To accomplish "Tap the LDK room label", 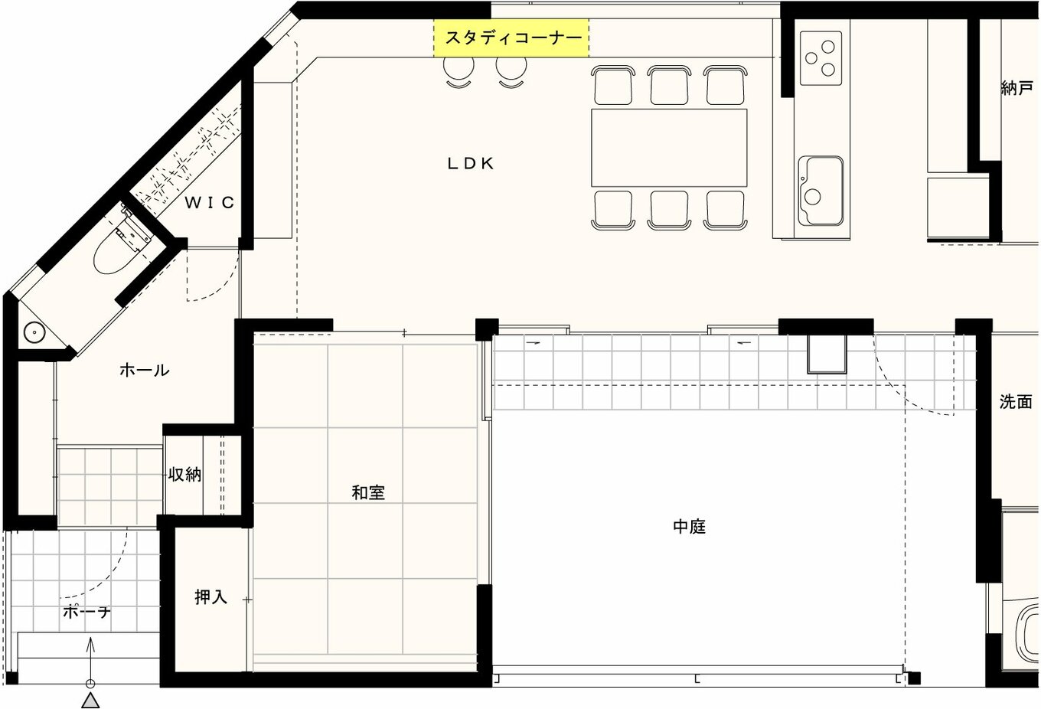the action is tap(470, 164).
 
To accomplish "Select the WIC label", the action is tap(210, 203).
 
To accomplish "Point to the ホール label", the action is tap(144, 371).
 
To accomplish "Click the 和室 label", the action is tap(368, 493).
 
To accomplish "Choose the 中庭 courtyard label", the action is tap(689, 527).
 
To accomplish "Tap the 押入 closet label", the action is tap(210, 597).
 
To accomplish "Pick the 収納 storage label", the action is tap(185, 474).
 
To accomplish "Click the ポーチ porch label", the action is tap(87, 612).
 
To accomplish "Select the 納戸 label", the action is tap(1017, 87).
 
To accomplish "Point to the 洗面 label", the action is tap(1016, 402).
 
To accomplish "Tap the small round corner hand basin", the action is tap(34, 332).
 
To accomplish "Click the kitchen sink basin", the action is tap(821, 191).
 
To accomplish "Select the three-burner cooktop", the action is tap(821, 58).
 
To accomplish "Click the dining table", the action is tap(669, 148).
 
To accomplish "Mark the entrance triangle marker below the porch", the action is tap(90, 700).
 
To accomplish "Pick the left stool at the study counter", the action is tap(458, 70).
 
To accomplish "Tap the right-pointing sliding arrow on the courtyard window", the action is tap(534, 343).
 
